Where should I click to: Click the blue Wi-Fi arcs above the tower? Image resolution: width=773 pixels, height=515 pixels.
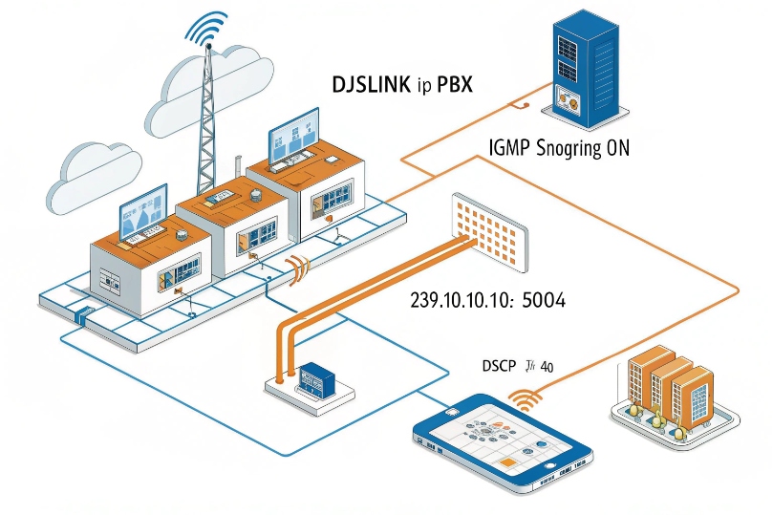(208, 28)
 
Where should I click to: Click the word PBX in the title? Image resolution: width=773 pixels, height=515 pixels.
(456, 84)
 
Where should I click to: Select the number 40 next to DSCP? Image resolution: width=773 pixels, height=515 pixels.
(547, 366)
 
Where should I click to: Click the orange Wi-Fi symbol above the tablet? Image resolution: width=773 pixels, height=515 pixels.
(525, 395)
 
